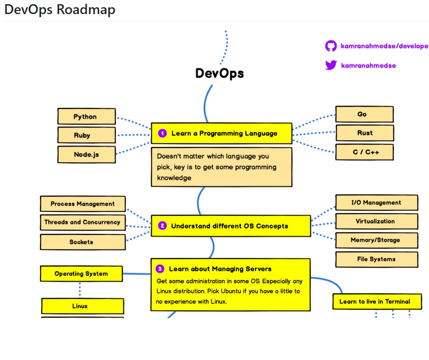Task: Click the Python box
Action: (86, 117)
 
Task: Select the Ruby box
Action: (86, 135)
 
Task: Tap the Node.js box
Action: (86, 155)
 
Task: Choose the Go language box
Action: (364, 114)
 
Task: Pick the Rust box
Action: (364, 133)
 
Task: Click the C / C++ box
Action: (364, 152)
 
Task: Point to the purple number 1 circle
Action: (163, 133)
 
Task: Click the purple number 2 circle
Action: (163, 226)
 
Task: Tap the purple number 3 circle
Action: (160, 269)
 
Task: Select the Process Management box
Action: (83, 204)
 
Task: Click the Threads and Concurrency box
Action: (83, 222)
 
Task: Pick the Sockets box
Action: (83, 242)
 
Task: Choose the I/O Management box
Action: (376, 203)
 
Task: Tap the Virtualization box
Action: (376, 221)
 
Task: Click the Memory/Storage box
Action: (376, 240)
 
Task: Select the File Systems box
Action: (376, 259)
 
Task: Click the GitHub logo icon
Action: (331, 46)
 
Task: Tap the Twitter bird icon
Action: (331, 65)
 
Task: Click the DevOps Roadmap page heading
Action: (60, 10)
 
